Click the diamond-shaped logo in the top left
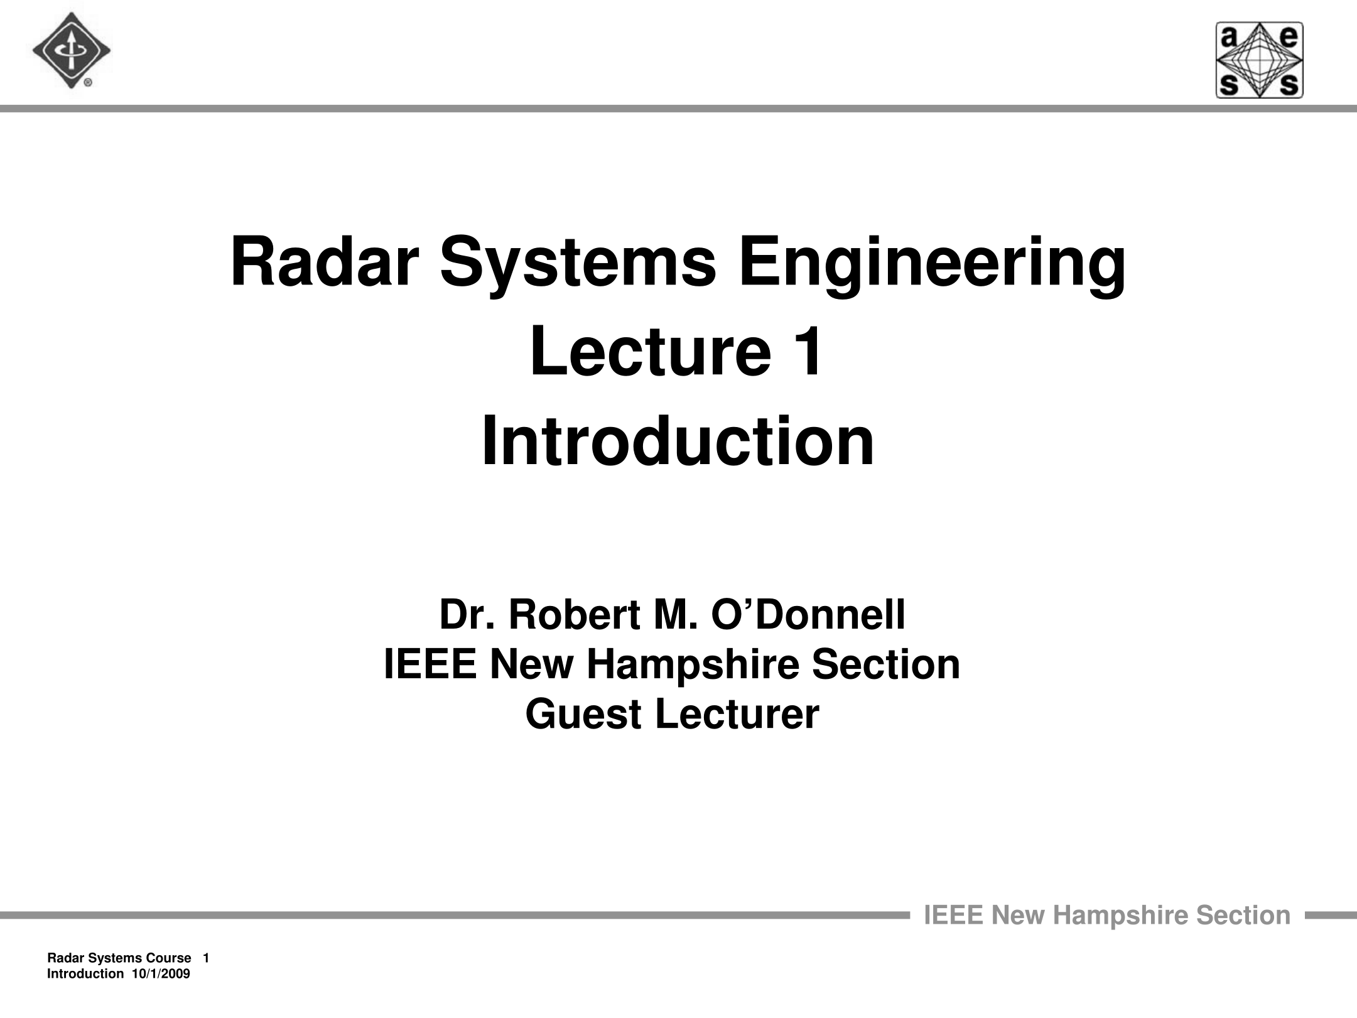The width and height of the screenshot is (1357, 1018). (x=71, y=51)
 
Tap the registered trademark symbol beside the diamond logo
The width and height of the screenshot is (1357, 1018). (x=89, y=82)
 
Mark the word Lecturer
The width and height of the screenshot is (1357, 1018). (x=737, y=715)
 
